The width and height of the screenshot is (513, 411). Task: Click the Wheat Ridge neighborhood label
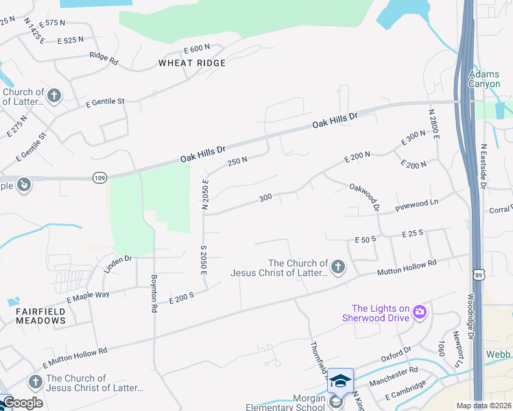[x=191, y=63]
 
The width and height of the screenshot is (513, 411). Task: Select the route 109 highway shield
[x=99, y=177]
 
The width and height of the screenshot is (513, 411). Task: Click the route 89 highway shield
[x=477, y=275]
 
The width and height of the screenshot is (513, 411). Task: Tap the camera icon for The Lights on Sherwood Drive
[x=420, y=313]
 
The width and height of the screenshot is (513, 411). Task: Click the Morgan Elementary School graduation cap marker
[x=340, y=380]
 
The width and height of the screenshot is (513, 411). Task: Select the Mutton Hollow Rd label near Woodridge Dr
[x=407, y=268]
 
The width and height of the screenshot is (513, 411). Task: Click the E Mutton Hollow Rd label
[x=75, y=356]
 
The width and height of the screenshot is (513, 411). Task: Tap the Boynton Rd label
[x=154, y=294]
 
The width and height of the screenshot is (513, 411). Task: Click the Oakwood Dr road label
[x=364, y=197]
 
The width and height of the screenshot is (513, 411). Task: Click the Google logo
[x=23, y=403]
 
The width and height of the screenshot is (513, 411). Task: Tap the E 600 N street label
[x=197, y=49]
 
